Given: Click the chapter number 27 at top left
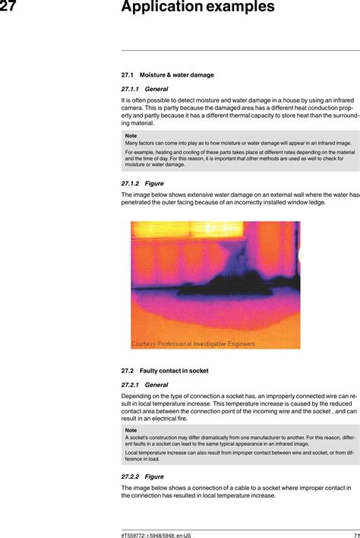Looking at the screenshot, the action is point(8,8).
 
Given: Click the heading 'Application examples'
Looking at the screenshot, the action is point(197,8).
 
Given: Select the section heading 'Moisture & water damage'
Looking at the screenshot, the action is point(176,75).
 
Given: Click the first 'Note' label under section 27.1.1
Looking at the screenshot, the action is point(131,135).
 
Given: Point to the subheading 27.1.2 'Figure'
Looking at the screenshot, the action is point(143,184).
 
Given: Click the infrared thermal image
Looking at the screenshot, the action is point(215,285).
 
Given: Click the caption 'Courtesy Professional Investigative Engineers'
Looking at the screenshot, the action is point(193,343).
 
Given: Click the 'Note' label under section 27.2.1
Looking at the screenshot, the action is point(131,430).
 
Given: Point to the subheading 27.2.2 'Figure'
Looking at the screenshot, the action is point(143,476).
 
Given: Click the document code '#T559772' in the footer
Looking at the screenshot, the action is point(135,534).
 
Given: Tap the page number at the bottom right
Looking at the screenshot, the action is point(355,534).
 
